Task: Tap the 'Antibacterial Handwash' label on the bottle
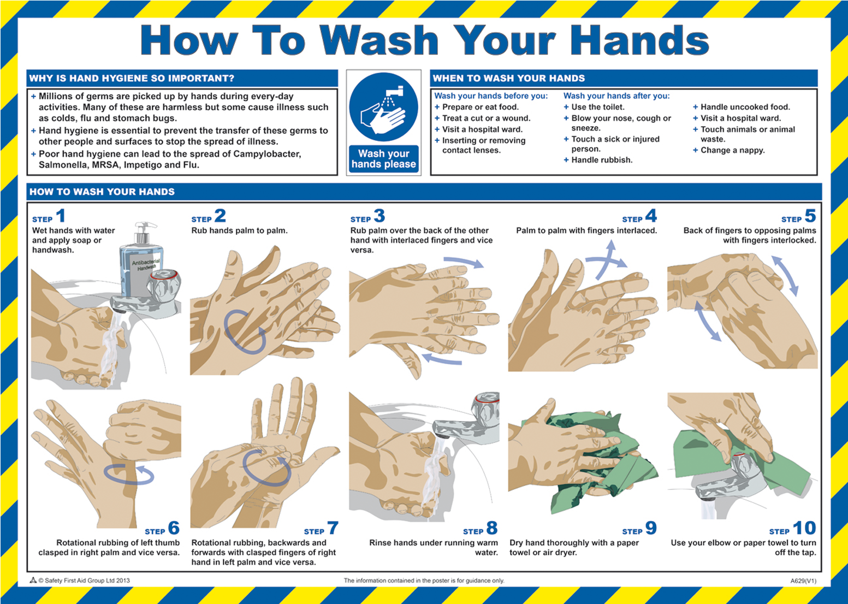(146, 264)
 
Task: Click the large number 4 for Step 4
(651, 216)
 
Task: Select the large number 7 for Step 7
(333, 528)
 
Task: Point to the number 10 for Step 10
(804, 528)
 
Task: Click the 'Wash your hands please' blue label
(383, 159)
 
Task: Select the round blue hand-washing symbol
(383, 107)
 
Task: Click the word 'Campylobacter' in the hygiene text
(267, 154)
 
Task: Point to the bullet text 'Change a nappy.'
(733, 150)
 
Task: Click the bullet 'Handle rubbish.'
(602, 160)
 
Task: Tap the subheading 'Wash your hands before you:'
(491, 96)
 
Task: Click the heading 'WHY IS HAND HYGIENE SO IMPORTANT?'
(132, 79)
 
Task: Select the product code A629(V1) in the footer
(803, 581)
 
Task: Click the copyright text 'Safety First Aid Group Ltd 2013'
(87, 581)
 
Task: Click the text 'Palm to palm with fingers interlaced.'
(586, 230)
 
